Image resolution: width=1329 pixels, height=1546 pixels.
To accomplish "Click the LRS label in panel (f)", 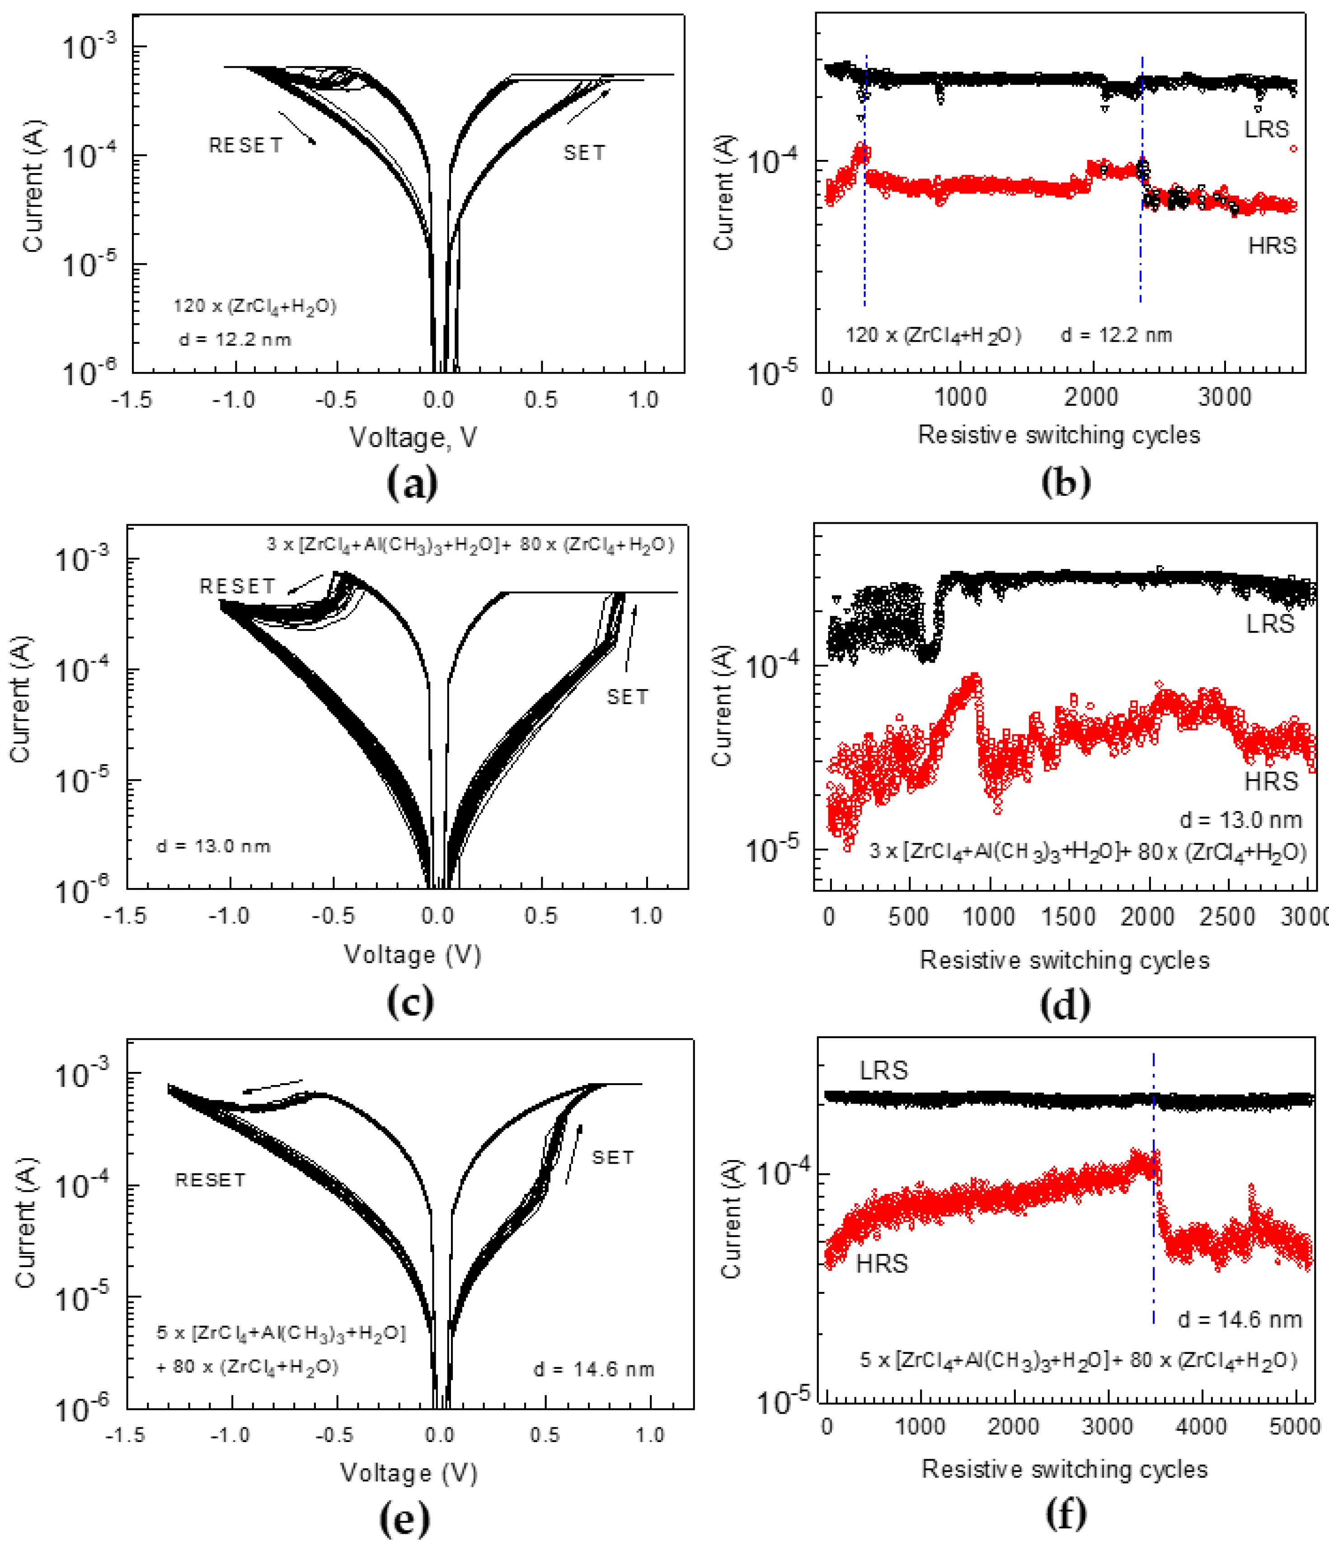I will (x=883, y=1071).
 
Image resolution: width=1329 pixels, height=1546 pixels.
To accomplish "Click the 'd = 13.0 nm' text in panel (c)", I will (x=213, y=846).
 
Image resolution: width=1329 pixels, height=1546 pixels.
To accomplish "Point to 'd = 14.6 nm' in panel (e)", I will (x=593, y=1369).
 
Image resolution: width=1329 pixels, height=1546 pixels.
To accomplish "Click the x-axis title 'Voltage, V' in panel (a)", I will (x=413, y=437).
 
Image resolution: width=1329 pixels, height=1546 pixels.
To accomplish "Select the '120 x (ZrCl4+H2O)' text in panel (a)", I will (x=254, y=306).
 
